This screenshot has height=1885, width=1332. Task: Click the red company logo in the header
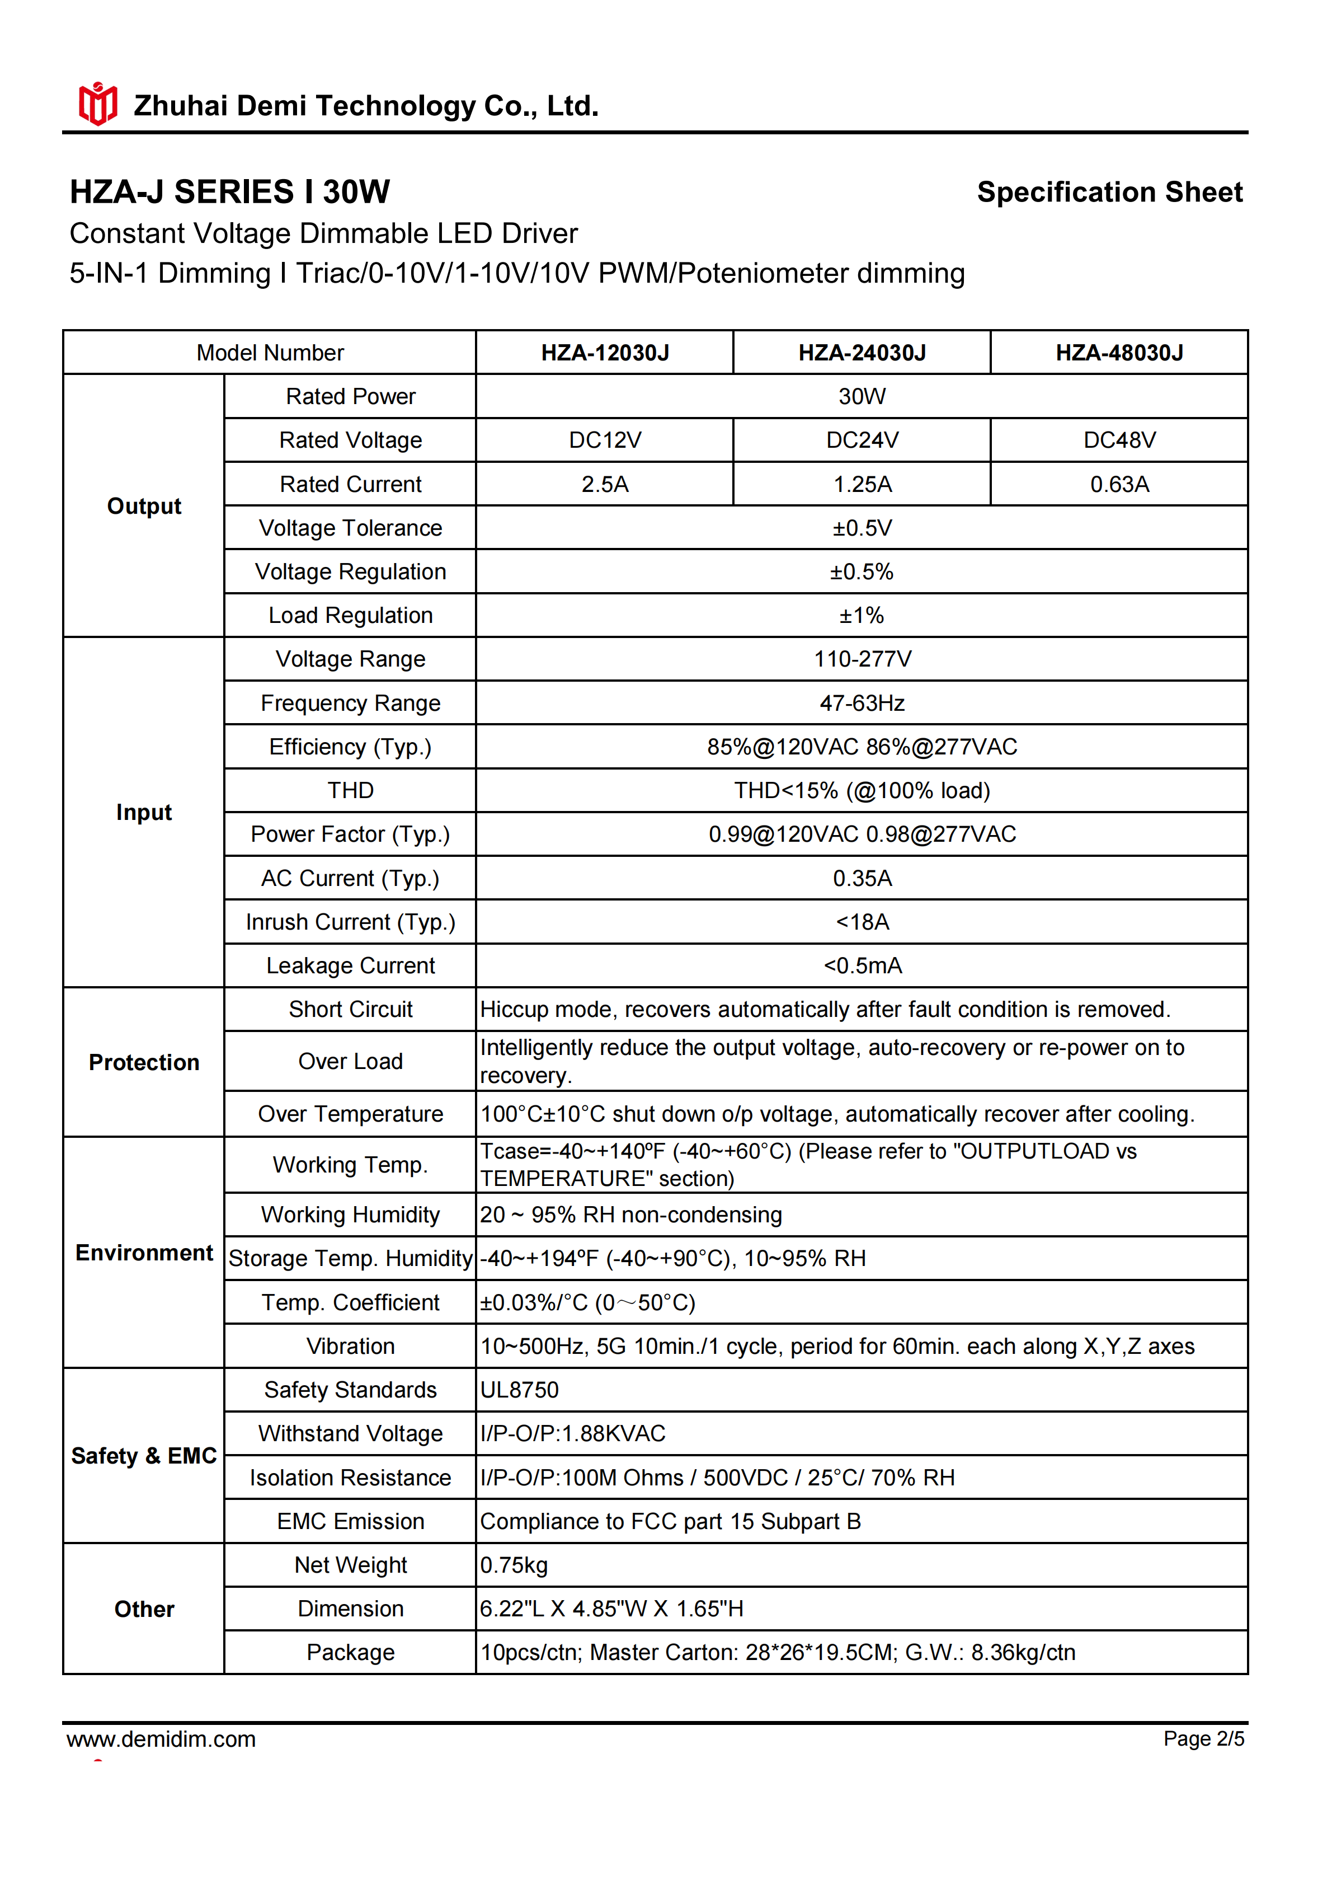click(x=98, y=104)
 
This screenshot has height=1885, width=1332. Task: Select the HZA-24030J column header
click(x=862, y=353)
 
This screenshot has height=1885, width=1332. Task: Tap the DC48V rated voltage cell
click(x=1119, y=440)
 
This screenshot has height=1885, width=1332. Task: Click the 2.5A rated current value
click(x=605, y=484)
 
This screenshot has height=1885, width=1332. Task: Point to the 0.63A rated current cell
click(x=1119, y=484)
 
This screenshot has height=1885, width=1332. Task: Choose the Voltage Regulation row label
click(x=350, y=571)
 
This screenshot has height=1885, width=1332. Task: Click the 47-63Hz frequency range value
click(x=862, y=703)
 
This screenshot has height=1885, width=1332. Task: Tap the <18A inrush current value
click(x=862, y=922)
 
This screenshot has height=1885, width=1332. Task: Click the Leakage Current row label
click(x=350, y=965)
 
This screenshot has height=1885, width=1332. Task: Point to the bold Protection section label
click(x=144, y=1062)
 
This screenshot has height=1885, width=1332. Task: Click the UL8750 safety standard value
click(x=520, y=1390)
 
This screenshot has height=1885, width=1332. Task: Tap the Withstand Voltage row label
click(x=350, y=1433)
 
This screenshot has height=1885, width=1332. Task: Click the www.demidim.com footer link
click(x=161, y=1739)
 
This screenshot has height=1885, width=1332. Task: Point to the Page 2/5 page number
click(x=1203, y=1739)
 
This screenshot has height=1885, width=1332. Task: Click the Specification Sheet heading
click(x=1109, y=192)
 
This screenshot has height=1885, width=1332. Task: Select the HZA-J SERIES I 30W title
click(x=230, y=192)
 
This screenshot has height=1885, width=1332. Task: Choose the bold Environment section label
click(x=144, y=1253)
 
